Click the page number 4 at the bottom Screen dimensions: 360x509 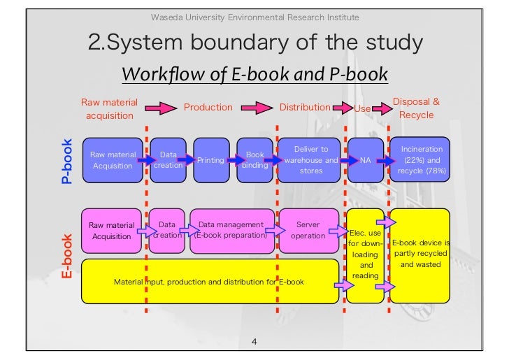coord(254,342)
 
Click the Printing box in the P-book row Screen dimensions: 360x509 coord(210,160)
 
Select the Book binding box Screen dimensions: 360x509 coord(254,160)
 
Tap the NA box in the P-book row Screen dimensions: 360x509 coord(365,160)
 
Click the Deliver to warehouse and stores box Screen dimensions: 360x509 coord(310,159)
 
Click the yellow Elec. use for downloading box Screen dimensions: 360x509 coord(366,254)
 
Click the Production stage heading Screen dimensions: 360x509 coord(208,107)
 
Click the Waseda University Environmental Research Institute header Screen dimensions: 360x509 coord(255,17)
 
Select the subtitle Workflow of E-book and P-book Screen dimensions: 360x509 coord(254,74)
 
